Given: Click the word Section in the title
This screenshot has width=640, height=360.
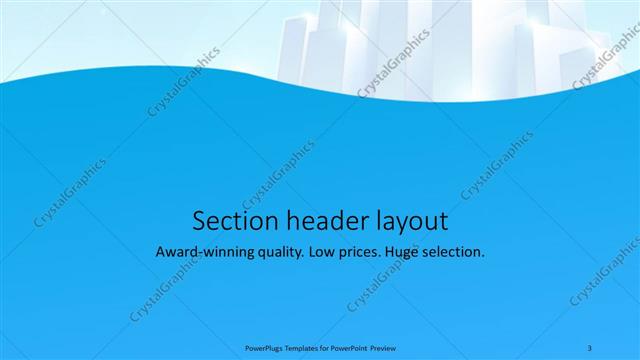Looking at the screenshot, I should tap(229, 220).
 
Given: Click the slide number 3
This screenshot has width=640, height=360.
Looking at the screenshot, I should tap(590, 347).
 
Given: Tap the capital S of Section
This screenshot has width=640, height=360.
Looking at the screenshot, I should tap(197, 220).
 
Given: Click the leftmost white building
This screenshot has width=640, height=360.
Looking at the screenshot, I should tap(290, 50).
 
